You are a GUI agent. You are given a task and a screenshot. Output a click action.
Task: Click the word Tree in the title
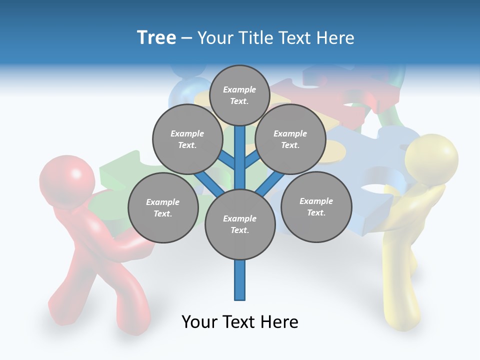tap(156, 37)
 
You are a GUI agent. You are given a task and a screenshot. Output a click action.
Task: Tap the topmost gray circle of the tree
tap(239, 95)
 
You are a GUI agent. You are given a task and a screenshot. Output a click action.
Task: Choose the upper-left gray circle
tap(187, 139)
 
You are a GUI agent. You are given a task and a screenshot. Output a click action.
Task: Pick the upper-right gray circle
tap(290, 139)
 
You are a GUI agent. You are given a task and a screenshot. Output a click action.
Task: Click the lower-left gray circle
tap(163, 207)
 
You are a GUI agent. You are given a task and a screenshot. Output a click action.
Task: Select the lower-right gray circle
tap(316, 206)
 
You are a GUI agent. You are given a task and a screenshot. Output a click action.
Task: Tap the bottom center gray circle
tap(240, 224)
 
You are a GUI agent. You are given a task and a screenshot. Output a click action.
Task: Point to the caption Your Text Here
tap(239, 322)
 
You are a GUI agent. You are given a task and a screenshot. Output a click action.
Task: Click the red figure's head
tap(67, 179)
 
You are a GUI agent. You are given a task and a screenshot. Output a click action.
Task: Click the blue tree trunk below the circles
tap(240, 280)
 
